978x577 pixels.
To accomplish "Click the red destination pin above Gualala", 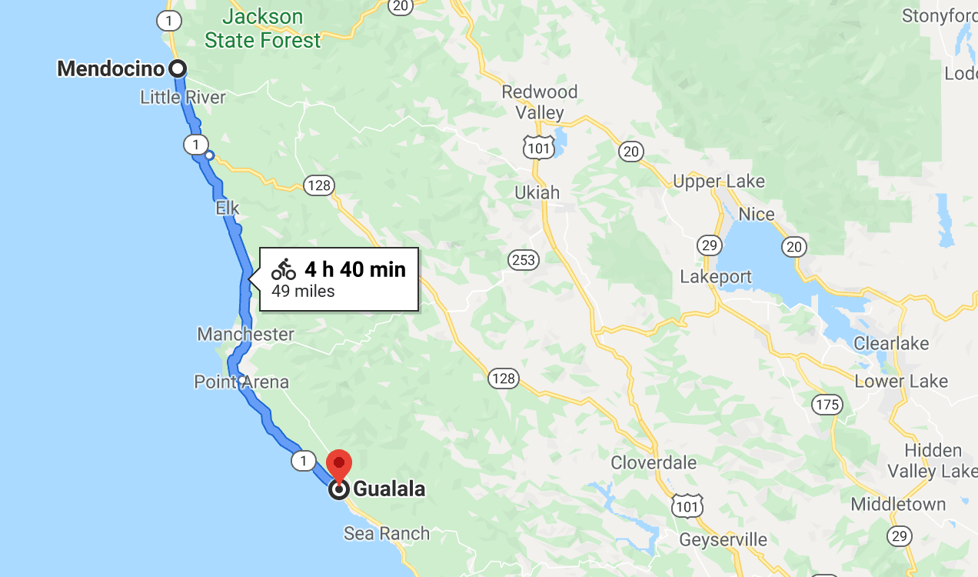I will click(x=339, y=464).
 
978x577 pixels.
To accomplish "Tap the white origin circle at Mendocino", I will click(x=178, y=68).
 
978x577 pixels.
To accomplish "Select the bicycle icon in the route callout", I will click(x=284, y=269).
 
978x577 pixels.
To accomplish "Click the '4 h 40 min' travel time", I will click(x=354, y=269).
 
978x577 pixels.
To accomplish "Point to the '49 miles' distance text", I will click(x=303, y=291).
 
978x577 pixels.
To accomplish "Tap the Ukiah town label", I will click(x=537, y=192).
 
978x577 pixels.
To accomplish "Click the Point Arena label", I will click(x=241, y=382).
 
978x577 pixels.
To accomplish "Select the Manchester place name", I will click(x=245, y=334).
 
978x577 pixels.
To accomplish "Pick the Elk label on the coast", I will click(x=228, y=208).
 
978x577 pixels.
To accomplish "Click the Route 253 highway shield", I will click(x=523, y=260).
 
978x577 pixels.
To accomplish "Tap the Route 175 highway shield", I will click(x=827, y=404).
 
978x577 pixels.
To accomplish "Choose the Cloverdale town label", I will click(x=654, y=462).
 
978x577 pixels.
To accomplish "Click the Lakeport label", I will click(x=716, y=276).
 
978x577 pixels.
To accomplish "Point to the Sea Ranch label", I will click(x=387, y=533).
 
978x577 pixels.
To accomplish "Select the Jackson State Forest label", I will click(x=263, y=28).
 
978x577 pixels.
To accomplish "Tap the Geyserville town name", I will click(x=723, y=539).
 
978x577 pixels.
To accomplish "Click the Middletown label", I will click(x=898, y=505).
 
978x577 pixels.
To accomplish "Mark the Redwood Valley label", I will click(x=539, y=102).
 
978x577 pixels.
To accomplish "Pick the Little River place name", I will click(x=183, y=97).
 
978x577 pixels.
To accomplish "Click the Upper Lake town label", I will click(x=719, y=182).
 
